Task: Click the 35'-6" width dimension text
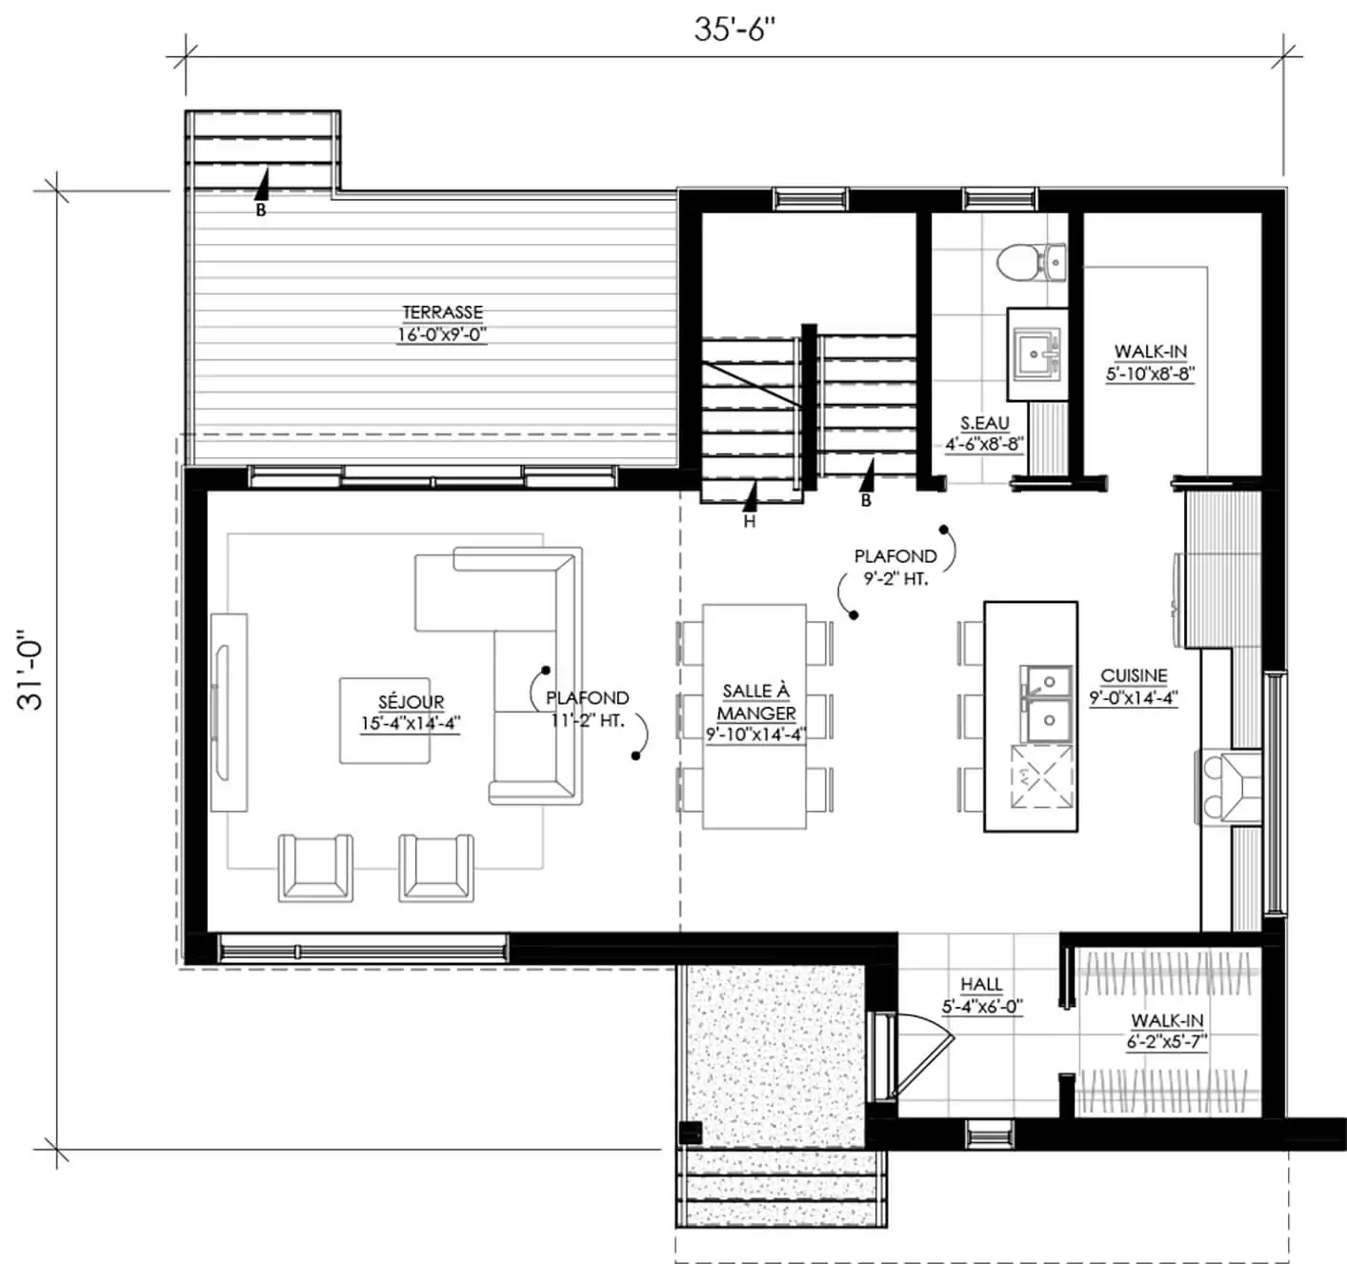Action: (734, 30)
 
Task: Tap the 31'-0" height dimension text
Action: (30, 669)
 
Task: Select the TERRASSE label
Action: (442, 312)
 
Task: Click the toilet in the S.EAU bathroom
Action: (1031, 263)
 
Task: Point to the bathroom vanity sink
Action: (1036, 353)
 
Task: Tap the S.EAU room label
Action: (985, 423)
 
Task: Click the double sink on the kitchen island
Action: (1049, 704)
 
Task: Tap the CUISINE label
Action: (1134, 675)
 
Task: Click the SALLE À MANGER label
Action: (756, 702)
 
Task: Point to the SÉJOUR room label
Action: (411, 702)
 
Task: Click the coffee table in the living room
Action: (385, 720)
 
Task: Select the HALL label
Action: (981, 985)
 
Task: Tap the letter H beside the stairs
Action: (750, 522)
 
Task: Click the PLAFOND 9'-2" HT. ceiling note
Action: (896, 568)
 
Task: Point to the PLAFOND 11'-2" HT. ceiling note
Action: (588, 709)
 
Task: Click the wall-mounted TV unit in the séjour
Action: (229, 712)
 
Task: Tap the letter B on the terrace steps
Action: (261, 211)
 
